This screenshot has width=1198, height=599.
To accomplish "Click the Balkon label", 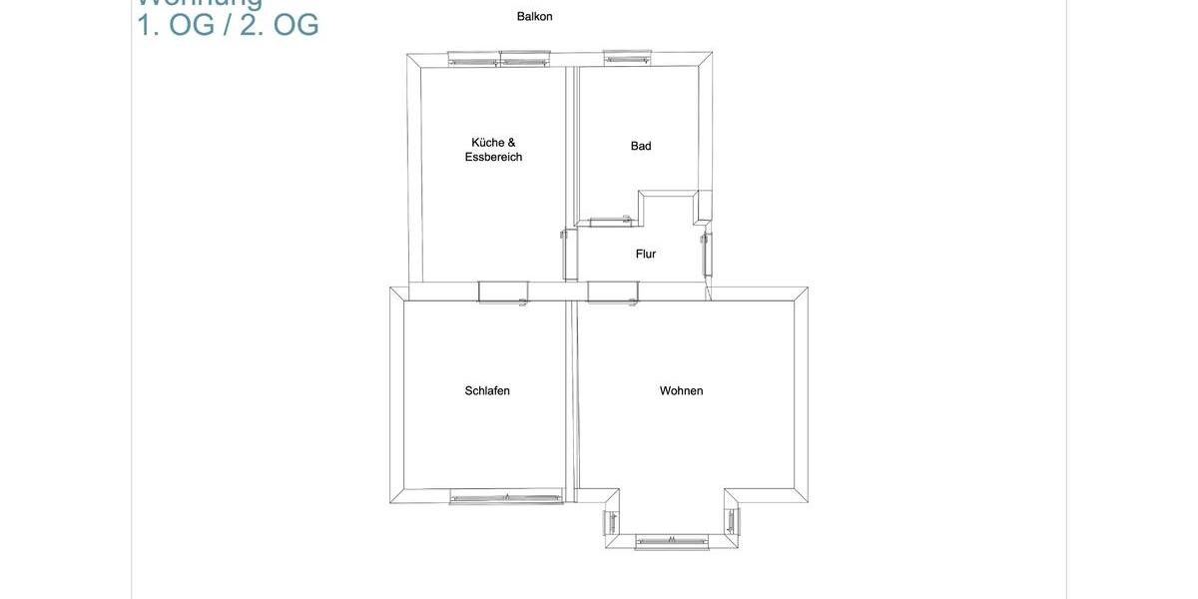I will coord(534,16).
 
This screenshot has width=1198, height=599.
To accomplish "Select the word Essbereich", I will coord(493,158).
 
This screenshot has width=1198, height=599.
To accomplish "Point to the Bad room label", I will coord(641,146).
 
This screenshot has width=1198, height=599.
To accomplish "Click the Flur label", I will coord(646,254).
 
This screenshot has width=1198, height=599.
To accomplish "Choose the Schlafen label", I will coord(487,390).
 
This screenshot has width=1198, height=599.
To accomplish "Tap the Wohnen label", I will coord(681,390).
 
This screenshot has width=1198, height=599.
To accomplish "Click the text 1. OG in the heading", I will coord(176,25).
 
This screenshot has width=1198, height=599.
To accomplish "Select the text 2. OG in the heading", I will coord(280,25).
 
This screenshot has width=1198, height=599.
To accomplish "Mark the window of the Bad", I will coord(627,59).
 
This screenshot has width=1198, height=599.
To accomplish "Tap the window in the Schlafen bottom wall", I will coord(505,496).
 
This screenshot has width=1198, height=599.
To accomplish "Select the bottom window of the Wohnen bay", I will coord(672,542).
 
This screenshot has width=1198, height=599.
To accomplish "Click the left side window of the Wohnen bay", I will coord(612,521).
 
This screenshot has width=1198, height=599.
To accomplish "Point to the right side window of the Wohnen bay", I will coord(732,521).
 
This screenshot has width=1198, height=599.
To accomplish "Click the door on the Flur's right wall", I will coord(707,255).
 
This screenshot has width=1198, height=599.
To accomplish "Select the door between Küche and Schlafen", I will coord(503,292).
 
